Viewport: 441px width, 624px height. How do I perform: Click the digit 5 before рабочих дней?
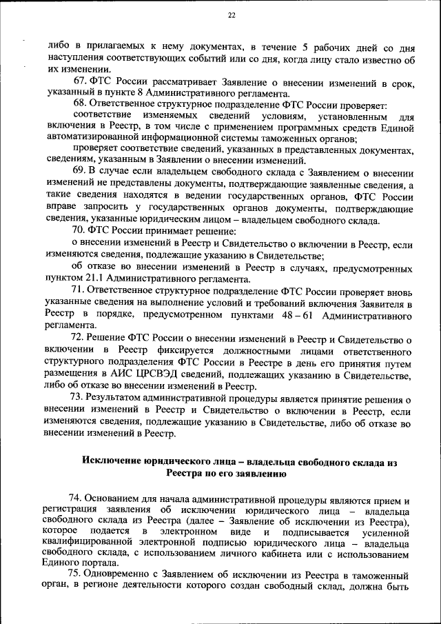[304, 47]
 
